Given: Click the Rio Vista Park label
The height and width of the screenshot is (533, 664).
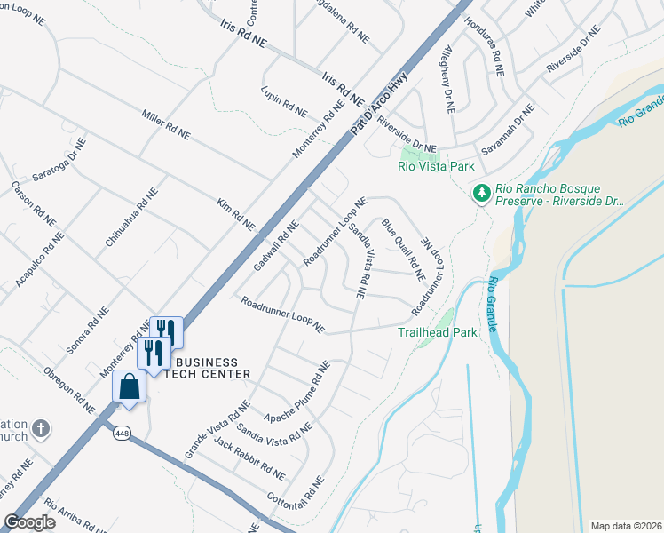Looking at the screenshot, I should (x=436, y=166).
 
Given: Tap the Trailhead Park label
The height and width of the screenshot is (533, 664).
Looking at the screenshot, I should (x=438, y=332).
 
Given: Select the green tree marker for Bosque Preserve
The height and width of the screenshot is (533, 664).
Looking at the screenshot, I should (x=481, y=192).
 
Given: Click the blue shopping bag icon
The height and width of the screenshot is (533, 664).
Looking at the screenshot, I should (x=130, y=386).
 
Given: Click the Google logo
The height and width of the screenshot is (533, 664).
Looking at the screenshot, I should (x=29, y=522).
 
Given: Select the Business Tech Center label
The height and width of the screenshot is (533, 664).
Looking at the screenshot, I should (x=208, y=369).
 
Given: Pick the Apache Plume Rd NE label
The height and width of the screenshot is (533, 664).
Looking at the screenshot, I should (x=297, y=392).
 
